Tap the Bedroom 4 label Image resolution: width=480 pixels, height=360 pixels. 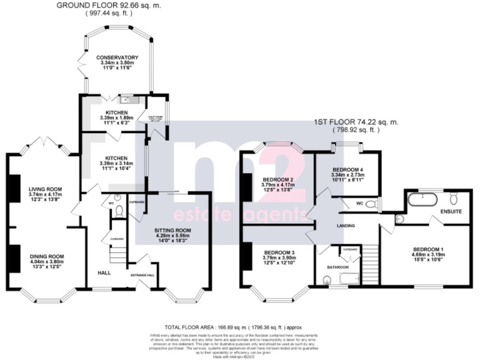[347, 169]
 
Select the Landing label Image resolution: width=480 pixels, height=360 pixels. [345, 226]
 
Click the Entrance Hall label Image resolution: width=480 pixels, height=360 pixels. [142, 275]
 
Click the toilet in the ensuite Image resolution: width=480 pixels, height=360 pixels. [454, 198]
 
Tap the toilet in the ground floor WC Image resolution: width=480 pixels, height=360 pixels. [119, 211]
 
